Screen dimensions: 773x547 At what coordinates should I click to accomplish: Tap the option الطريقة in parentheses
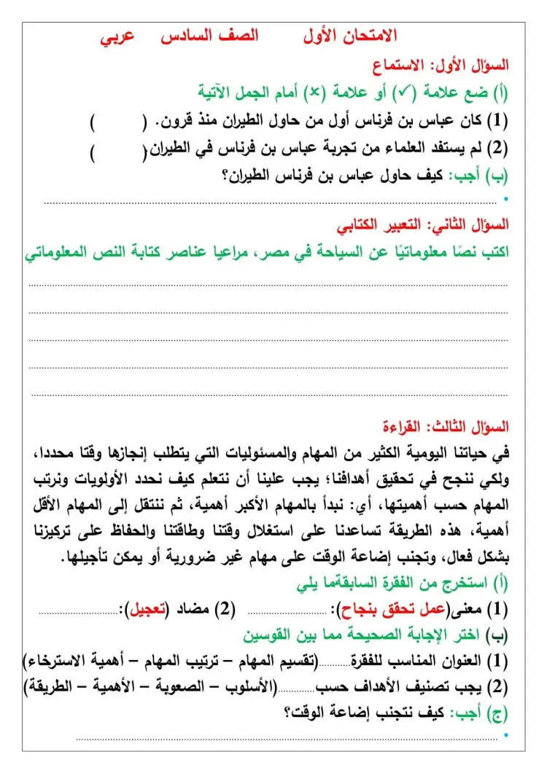[x=48, y=686]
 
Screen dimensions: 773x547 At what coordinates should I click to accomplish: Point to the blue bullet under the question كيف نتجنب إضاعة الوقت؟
[x=506, y=737]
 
